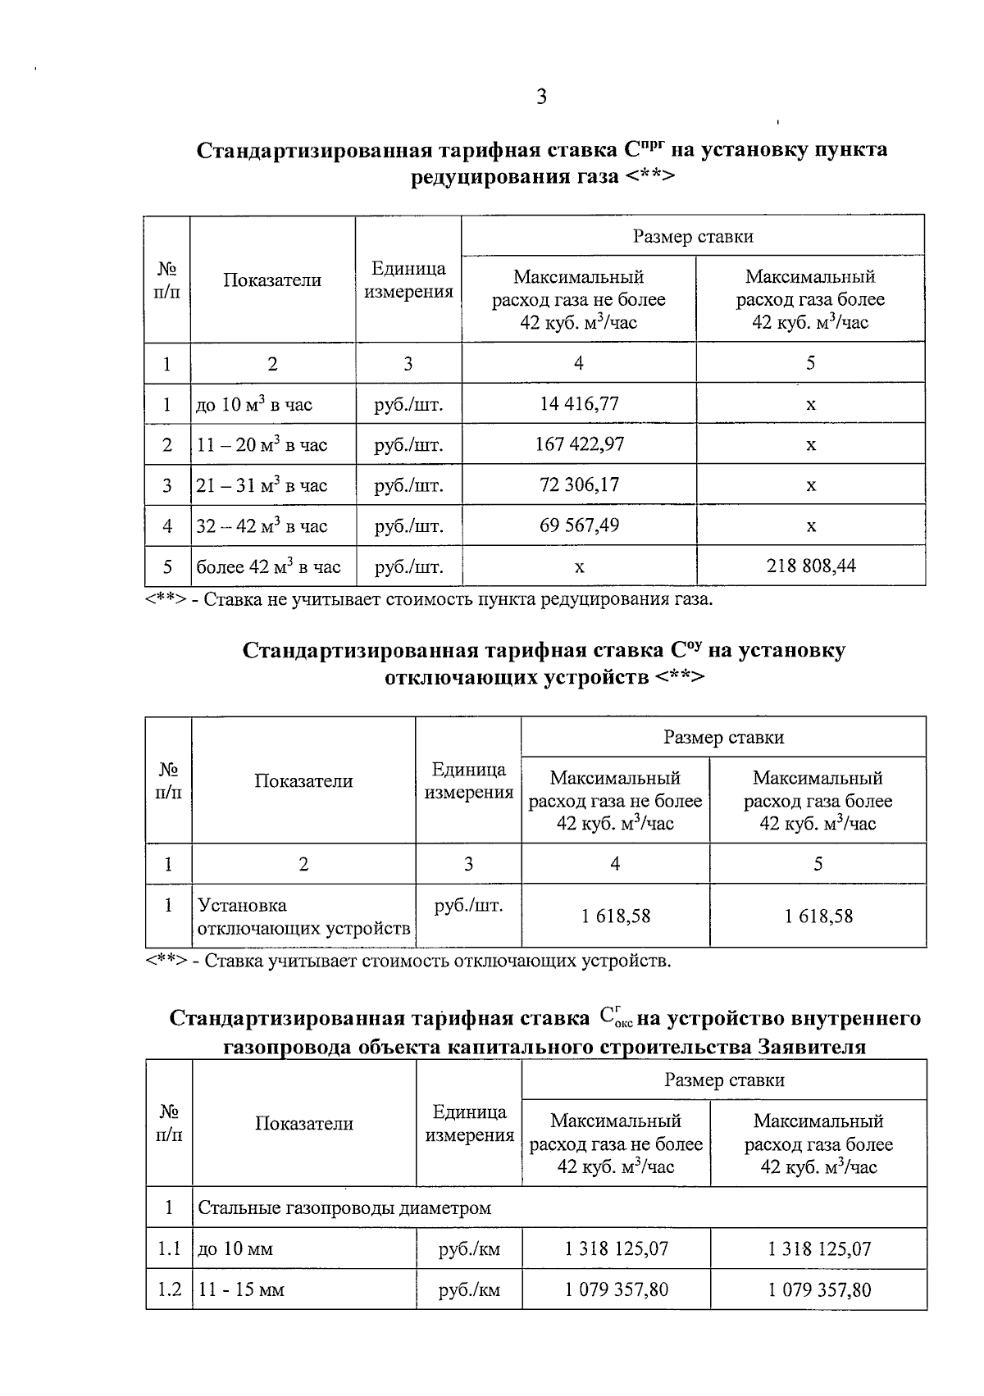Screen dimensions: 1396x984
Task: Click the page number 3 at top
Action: (x=541, y=98)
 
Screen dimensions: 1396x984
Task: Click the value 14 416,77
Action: (x=579, y=403)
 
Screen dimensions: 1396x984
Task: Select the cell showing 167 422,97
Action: (x=579, y=444)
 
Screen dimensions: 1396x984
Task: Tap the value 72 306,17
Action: (x=579, y=484)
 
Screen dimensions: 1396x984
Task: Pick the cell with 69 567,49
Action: (x=579, y=525)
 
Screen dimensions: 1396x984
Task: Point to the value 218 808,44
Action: (x=810, y=566)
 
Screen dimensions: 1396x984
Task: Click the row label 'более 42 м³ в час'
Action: (x=268, y=566)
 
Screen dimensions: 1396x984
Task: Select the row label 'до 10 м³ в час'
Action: (x=254, y=404)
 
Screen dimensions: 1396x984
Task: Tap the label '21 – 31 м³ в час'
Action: (x=262, y=485)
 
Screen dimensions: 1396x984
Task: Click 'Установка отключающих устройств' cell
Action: (x=303, y=916)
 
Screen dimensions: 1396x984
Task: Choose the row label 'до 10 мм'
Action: (x=235, y=1249)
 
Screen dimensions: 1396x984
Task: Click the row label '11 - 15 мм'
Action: (x=241, y=1289)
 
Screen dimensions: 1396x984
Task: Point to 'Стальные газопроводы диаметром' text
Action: (x=344, y=1207)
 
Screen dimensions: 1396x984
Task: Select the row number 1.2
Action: (x=169, y=1289)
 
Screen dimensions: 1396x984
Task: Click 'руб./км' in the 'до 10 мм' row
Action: (x=469, y=1249)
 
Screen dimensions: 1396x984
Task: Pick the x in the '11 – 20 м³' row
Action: (x=810, y=444)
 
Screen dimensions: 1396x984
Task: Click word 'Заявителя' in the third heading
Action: (x=812, y=1048)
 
